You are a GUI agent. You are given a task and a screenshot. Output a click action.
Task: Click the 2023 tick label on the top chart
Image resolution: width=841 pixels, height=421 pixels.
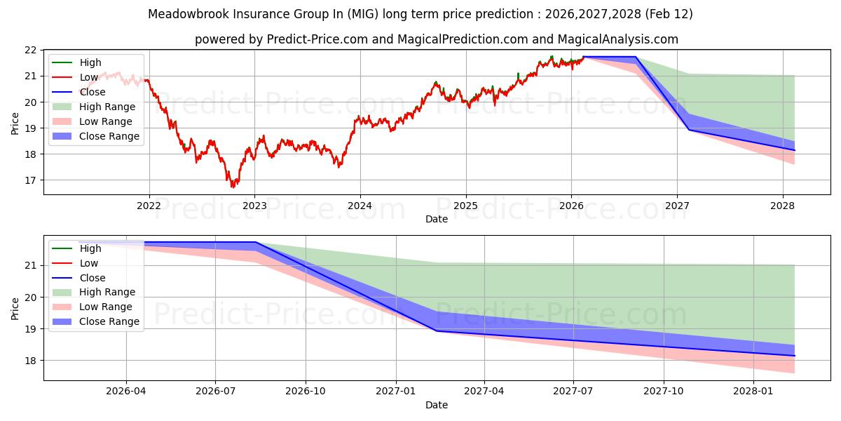pos(254,206)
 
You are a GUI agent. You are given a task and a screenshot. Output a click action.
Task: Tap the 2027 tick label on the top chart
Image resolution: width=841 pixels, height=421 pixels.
pos(677,206)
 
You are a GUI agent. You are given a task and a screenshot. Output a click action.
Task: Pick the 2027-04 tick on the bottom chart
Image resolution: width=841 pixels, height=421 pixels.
pos(484,392)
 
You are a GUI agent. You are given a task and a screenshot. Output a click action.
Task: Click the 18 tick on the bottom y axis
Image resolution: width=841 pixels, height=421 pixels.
pos(32,361)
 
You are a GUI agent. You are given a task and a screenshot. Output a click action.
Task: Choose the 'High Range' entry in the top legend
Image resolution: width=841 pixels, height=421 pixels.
pos(107,107)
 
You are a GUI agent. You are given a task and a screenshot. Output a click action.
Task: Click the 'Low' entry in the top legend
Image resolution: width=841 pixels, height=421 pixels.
pos(89,77)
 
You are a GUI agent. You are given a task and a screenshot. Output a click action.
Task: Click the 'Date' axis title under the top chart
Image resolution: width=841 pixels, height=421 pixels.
pos(437,219)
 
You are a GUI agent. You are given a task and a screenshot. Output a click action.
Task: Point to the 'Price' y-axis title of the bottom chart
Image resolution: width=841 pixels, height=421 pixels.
pos(15,308)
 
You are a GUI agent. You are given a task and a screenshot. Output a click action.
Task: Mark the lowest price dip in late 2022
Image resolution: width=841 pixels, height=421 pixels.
pos(233,187)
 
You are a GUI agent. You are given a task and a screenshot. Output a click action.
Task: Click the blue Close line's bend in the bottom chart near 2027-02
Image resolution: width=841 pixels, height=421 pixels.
pos(437,330)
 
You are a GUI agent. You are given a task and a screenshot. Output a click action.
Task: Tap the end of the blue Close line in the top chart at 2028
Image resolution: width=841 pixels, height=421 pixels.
pos(794,149)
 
